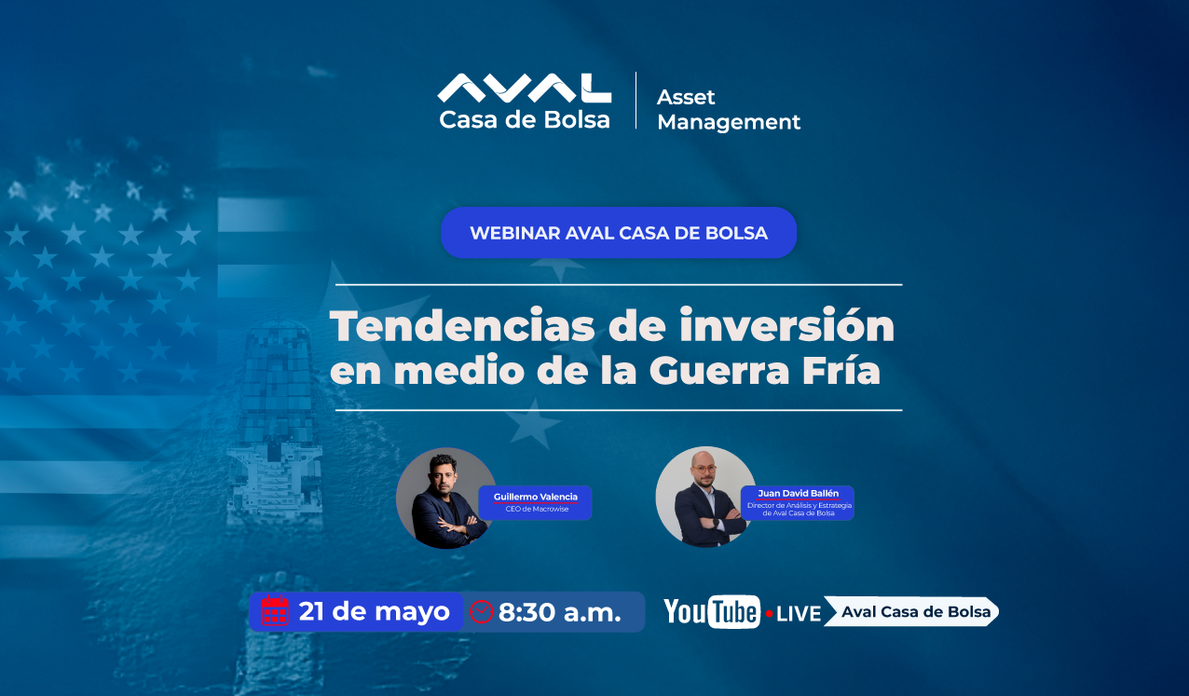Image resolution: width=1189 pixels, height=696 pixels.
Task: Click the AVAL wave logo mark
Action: click(x=525, y=89)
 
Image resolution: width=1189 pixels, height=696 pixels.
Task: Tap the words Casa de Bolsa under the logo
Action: click(x=525, y=120)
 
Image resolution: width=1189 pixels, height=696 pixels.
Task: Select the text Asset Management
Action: click(x=729, y=109)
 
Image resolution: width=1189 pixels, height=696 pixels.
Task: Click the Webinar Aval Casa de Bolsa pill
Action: click(x=619, y=233)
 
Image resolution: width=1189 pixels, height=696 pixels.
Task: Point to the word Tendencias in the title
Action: click(x=462, y=325)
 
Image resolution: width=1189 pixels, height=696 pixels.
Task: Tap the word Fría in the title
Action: click(x=841, y=369)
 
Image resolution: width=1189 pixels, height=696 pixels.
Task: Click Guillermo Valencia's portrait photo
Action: click(x=444, y=498)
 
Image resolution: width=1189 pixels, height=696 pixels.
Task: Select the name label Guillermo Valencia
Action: click(x=536, y=497)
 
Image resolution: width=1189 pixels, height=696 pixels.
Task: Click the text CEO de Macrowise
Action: click(x=537, y=509)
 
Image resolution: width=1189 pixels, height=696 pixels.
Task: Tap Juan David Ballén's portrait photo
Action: click(x=704, y=497)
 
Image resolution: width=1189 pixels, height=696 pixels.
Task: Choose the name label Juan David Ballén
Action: click(x=799, y=493)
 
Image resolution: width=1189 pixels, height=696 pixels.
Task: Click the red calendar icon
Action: click(x=275, y=610)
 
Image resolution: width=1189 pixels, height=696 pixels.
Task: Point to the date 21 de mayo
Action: click(x=375, y=611)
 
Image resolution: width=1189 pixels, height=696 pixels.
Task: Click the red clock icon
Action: click(x=482, y=611)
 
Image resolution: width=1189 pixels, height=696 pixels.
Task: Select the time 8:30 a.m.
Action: click(x=560, y=613)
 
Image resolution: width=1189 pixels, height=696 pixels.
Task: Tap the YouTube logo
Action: click(x=712, y=611)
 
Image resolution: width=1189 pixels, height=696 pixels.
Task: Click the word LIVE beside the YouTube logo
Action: click(x=799, y=614)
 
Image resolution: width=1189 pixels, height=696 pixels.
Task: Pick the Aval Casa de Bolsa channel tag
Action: click(x=911, y=611)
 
